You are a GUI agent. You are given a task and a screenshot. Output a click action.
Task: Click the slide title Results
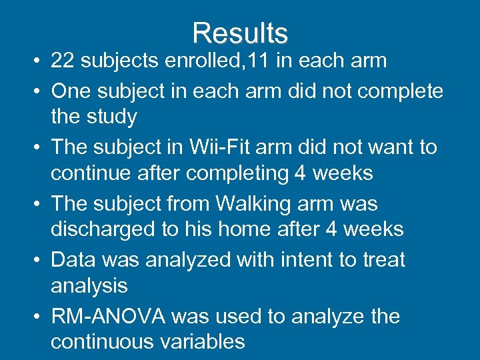click(240, 33)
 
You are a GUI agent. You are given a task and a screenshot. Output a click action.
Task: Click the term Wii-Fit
click(221, 146)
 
